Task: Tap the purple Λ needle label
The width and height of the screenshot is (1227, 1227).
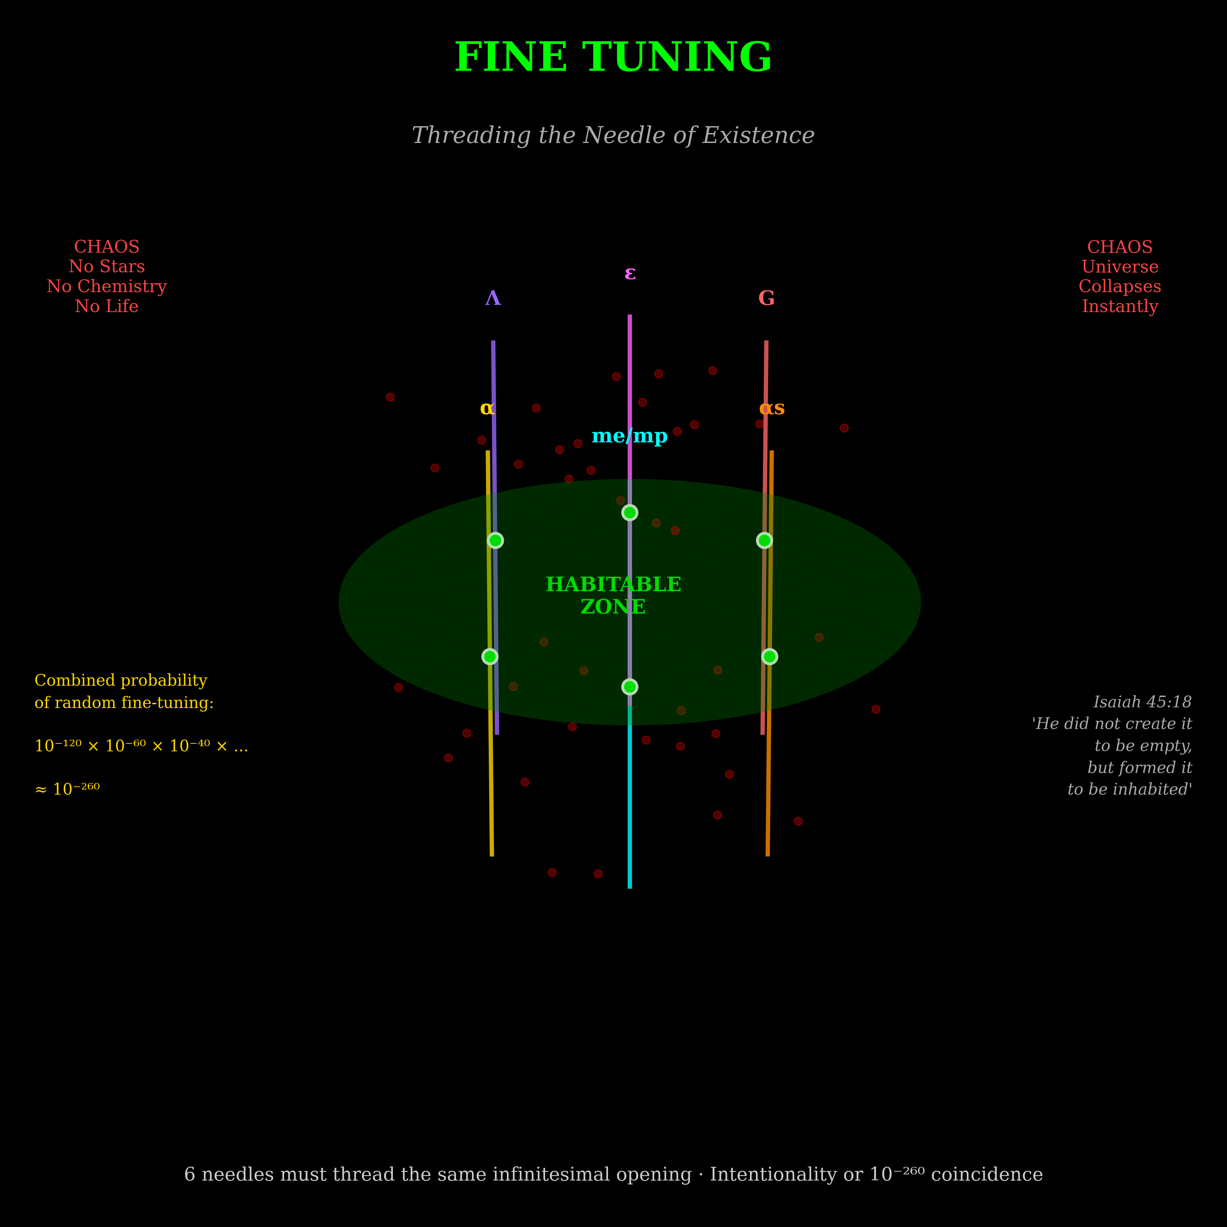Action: coord(493,298)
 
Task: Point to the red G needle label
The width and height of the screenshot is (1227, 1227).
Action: coord(766,298)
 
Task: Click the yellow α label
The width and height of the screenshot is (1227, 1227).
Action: coord(487,408)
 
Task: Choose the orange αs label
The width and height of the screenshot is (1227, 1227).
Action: coord(772,408)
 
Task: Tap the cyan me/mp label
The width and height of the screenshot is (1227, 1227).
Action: coord(629,436)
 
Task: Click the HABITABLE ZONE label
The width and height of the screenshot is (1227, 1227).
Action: coord(613,595)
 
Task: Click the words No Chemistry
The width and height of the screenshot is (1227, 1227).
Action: coord(107,286)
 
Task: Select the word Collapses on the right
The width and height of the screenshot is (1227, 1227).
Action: coord(1120,286)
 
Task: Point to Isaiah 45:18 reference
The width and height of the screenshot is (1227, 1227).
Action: coord(1142,702)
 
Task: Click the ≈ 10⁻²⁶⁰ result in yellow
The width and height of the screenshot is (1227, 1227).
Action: coord(67,789)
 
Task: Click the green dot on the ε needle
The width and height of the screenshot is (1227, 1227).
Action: coord(629,512)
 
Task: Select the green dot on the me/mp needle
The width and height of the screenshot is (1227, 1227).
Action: coord(629,687)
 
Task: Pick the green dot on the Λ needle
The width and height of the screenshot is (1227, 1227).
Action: coord(495,540)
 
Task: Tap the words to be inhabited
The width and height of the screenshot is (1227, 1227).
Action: coord(1129,789)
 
